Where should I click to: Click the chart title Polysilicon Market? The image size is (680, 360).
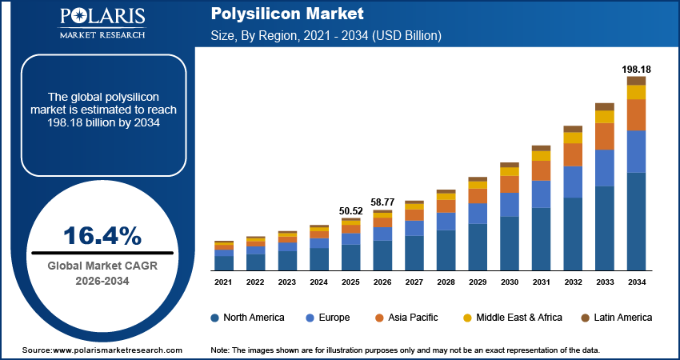(x=276, y=14)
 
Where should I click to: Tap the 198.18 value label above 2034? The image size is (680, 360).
(x=636, y=70)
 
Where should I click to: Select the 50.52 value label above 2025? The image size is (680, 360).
(x=351, y=211)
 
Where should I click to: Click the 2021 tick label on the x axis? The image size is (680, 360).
(x=223, y=282)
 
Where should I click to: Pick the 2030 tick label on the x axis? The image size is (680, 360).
(x=510, y=282)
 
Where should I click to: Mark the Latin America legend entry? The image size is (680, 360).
(x=616, y=318)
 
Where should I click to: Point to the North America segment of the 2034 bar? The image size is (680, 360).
(x=636, y=222)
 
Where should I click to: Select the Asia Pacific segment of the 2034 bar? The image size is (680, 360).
(x=636, y=114)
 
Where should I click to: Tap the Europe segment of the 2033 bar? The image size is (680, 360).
(x=605, y=168)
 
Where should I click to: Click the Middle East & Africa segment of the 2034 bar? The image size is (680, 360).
(x=636, y=92)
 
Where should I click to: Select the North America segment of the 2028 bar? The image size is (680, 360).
(x=446, y=250)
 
